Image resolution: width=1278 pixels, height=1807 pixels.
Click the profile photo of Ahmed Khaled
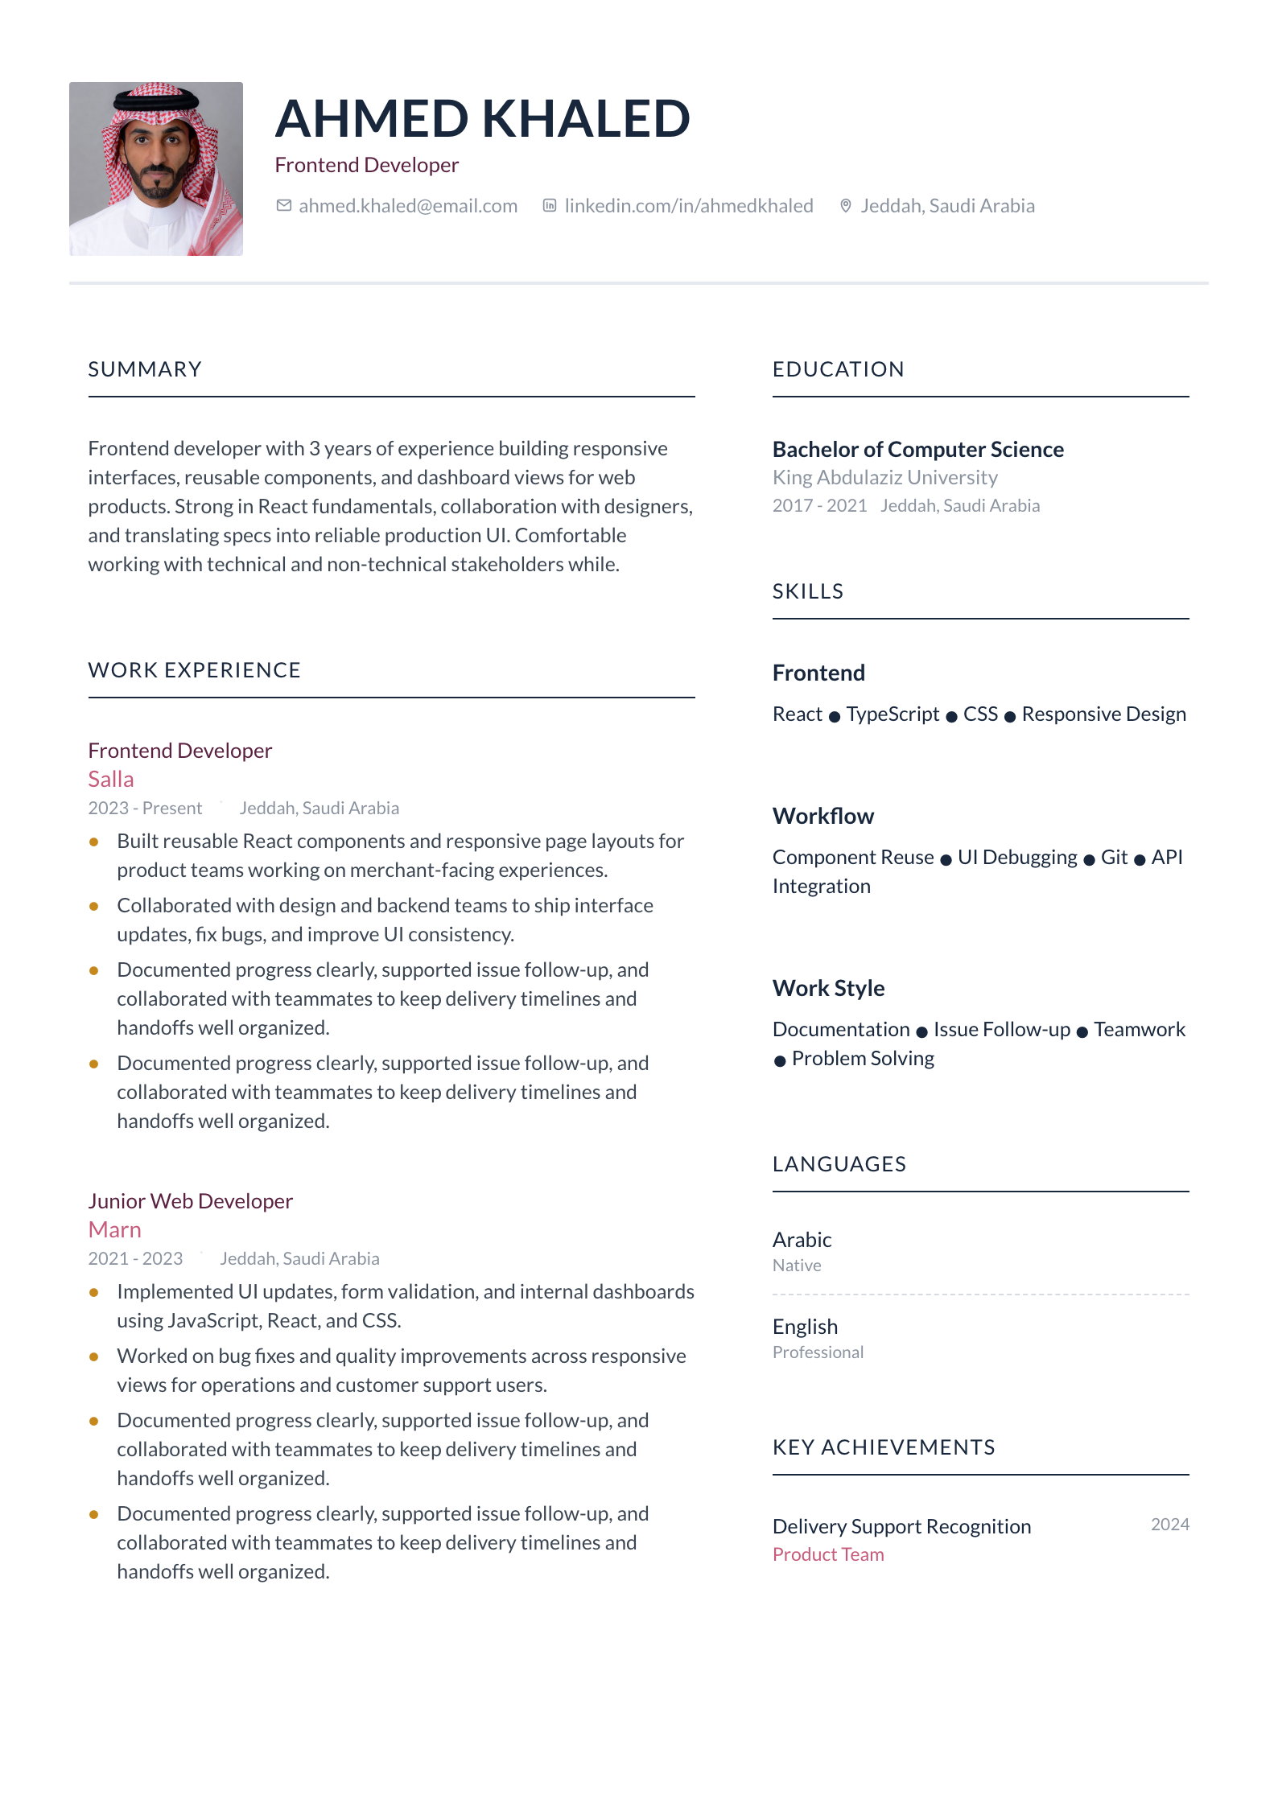[156, 169]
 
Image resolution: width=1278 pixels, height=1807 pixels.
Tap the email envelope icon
[283, 206]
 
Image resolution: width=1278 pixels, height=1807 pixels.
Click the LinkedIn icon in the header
[550, 206]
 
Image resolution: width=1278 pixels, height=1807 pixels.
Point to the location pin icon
[845, 206]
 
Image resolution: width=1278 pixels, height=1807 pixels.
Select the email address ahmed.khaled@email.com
[408, 206]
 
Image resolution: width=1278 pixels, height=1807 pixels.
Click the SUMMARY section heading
[145, 369]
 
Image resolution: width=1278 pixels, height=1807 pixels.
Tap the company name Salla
[111, 780]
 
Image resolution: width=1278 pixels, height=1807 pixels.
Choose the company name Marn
[115, 1230]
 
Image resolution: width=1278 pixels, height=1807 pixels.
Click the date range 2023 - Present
[145, 808]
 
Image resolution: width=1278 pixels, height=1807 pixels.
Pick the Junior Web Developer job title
[191, 1201]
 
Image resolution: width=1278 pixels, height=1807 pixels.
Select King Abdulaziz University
[885, 478]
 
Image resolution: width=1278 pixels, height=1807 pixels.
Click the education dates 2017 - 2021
[819, 506]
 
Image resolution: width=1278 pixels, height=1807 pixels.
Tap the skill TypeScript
[893, 714]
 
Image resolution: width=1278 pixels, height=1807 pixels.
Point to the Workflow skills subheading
[823, 816]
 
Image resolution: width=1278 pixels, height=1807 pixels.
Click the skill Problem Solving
[863, 1059]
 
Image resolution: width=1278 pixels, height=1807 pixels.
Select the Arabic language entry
[802, 1240]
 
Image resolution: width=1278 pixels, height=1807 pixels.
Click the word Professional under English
[818, 1352]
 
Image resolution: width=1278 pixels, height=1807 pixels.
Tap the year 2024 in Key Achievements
[1169, 1525]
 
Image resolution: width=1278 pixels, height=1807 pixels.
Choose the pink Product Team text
[828, 1554]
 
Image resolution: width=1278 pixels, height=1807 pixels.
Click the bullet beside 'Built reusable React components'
[94, 842]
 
